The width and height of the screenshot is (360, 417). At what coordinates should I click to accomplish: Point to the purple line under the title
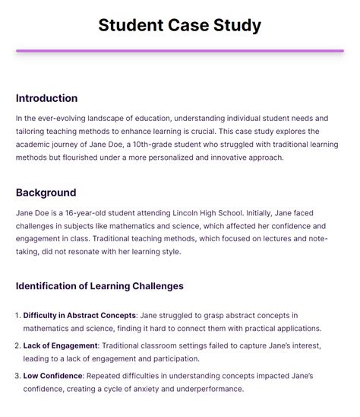click(179, 51)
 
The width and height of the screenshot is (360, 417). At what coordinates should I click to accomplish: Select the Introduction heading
click(46, 98)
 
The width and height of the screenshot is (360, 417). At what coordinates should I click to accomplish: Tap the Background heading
click(46, 193)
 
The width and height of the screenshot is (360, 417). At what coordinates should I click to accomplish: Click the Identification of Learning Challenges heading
click(99, 286)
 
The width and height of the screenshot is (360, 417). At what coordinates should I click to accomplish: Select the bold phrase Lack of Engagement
click(60, 345)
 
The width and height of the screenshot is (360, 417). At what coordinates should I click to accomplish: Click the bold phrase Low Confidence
click(53, 374)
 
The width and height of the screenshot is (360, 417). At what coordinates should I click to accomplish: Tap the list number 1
click(18, 315)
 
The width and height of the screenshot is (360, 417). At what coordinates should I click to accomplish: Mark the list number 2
click(18, 345)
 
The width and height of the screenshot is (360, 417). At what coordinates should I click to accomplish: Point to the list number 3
click(18, 374)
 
